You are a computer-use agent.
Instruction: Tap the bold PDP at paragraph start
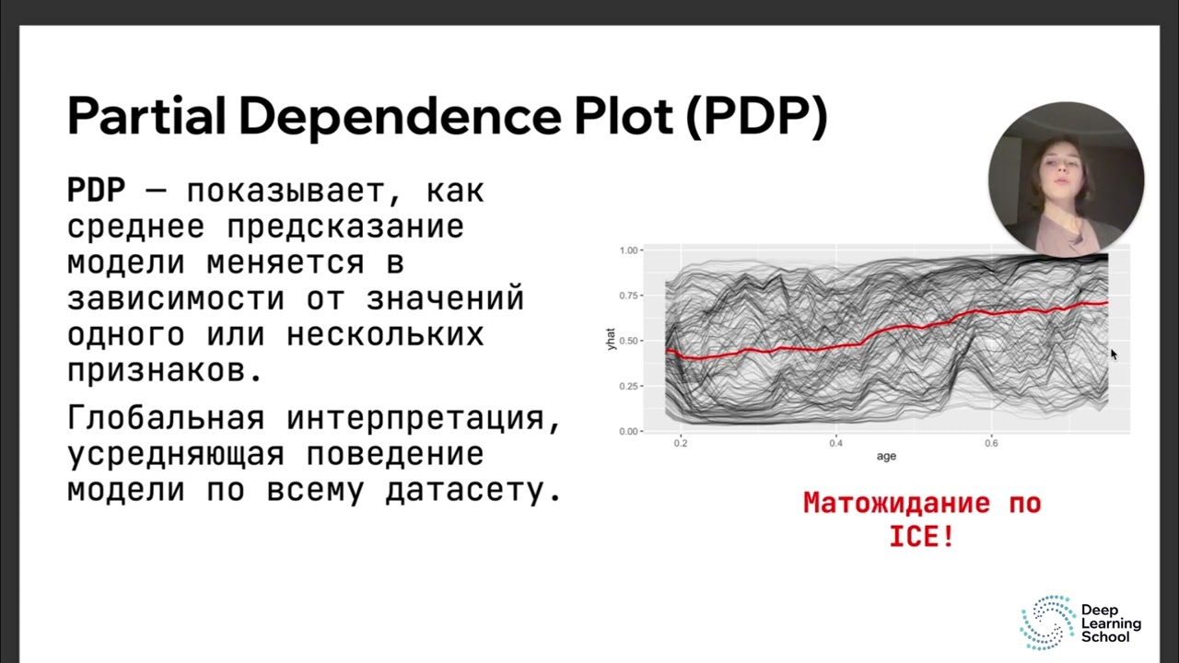coord(96,192)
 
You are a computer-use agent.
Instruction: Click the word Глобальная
coord(166,418)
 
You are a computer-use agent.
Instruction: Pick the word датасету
coord(473,490)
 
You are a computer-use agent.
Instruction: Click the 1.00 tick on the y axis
coord(628,250)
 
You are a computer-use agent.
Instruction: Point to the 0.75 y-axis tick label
coord(628,296)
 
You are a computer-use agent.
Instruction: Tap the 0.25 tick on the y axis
coord(628,386)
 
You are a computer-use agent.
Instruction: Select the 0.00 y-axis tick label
coord(628,431)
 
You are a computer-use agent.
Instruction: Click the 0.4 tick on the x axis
coord(835,444)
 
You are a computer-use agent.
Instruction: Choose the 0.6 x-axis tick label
coord(990,444)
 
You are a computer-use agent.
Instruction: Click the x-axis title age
coord(886,457)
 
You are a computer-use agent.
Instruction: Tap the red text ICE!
coord(921,537)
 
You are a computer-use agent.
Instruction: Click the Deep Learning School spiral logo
coord(1047,622)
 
